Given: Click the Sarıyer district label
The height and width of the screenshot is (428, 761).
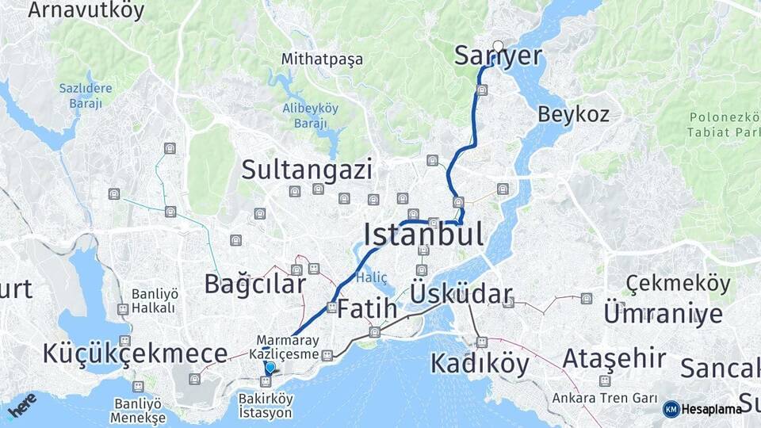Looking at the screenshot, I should (498, 55).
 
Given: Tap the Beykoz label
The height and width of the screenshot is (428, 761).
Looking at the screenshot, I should (573, 114).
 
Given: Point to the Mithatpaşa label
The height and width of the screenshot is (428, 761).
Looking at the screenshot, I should (322, 59).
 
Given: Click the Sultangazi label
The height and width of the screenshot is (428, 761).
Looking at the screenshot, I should (306, 169).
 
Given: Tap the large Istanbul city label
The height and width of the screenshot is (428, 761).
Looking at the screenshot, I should (423, 235).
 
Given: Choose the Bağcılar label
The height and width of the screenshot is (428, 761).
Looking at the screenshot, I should (254, 284).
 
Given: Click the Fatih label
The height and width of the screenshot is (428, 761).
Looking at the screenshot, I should (366, 310).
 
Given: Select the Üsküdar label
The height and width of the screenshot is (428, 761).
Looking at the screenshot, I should (461, 295).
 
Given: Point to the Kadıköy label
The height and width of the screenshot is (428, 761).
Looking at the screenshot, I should (479, 364).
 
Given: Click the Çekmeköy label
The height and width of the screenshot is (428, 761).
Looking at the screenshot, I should (678, 283).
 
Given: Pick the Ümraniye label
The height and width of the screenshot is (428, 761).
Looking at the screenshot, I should (663, 313).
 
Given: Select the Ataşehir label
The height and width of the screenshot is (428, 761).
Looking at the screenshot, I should (614, 359).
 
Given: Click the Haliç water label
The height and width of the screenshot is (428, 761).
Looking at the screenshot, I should (372, 277).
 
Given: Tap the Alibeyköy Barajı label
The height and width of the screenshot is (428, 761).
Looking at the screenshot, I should (304, 116).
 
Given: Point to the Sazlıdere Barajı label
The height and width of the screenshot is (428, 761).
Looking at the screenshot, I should (86, 95).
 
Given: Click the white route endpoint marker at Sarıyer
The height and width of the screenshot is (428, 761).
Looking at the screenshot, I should (498, 46).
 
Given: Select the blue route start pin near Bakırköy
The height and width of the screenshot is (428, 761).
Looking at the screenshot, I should (270, 367).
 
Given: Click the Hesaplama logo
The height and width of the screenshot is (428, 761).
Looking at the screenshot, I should (702, 409).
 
